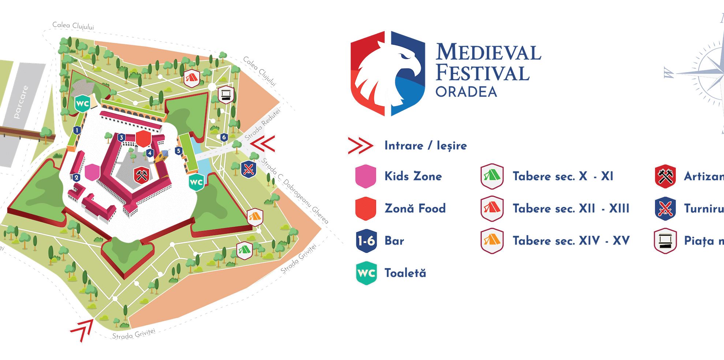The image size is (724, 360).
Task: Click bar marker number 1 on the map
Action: tap(77, 130)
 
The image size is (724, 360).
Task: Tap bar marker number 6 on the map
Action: tap(224, 137)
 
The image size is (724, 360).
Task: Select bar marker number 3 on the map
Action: tap(122, 138)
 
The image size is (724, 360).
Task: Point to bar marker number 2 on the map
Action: tap(76, 178)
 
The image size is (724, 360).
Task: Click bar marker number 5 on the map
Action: tap(179, 151)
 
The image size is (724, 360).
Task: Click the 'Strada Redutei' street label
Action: tap(262, 125)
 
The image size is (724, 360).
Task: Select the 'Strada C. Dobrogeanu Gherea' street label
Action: tap(295, 190)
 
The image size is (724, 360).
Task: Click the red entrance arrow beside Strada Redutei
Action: tap(263, 144)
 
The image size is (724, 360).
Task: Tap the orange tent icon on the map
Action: tap(255, 217)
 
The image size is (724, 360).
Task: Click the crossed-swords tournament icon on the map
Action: tap(249, 169)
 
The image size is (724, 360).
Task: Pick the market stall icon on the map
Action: tap(226, 95)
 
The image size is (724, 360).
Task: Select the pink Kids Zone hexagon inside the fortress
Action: tap(92, 172)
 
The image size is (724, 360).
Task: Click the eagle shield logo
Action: tap(388, 74)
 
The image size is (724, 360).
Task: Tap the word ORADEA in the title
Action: tap(466, 92)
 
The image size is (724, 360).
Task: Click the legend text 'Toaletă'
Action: tap(405, 273)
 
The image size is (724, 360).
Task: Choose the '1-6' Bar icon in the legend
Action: tap(366, 241)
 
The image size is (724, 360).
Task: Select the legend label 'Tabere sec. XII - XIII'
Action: tap(571, 209)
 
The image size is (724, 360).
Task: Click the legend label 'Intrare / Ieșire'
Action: tap(425, 146)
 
